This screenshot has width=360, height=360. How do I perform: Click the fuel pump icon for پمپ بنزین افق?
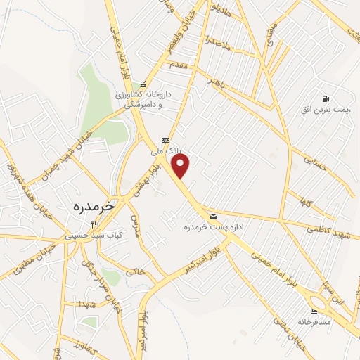coord(325,98)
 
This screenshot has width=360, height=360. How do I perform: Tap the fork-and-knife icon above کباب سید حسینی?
coord(104,224)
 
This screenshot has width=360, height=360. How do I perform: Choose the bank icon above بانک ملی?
coord(166,139)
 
